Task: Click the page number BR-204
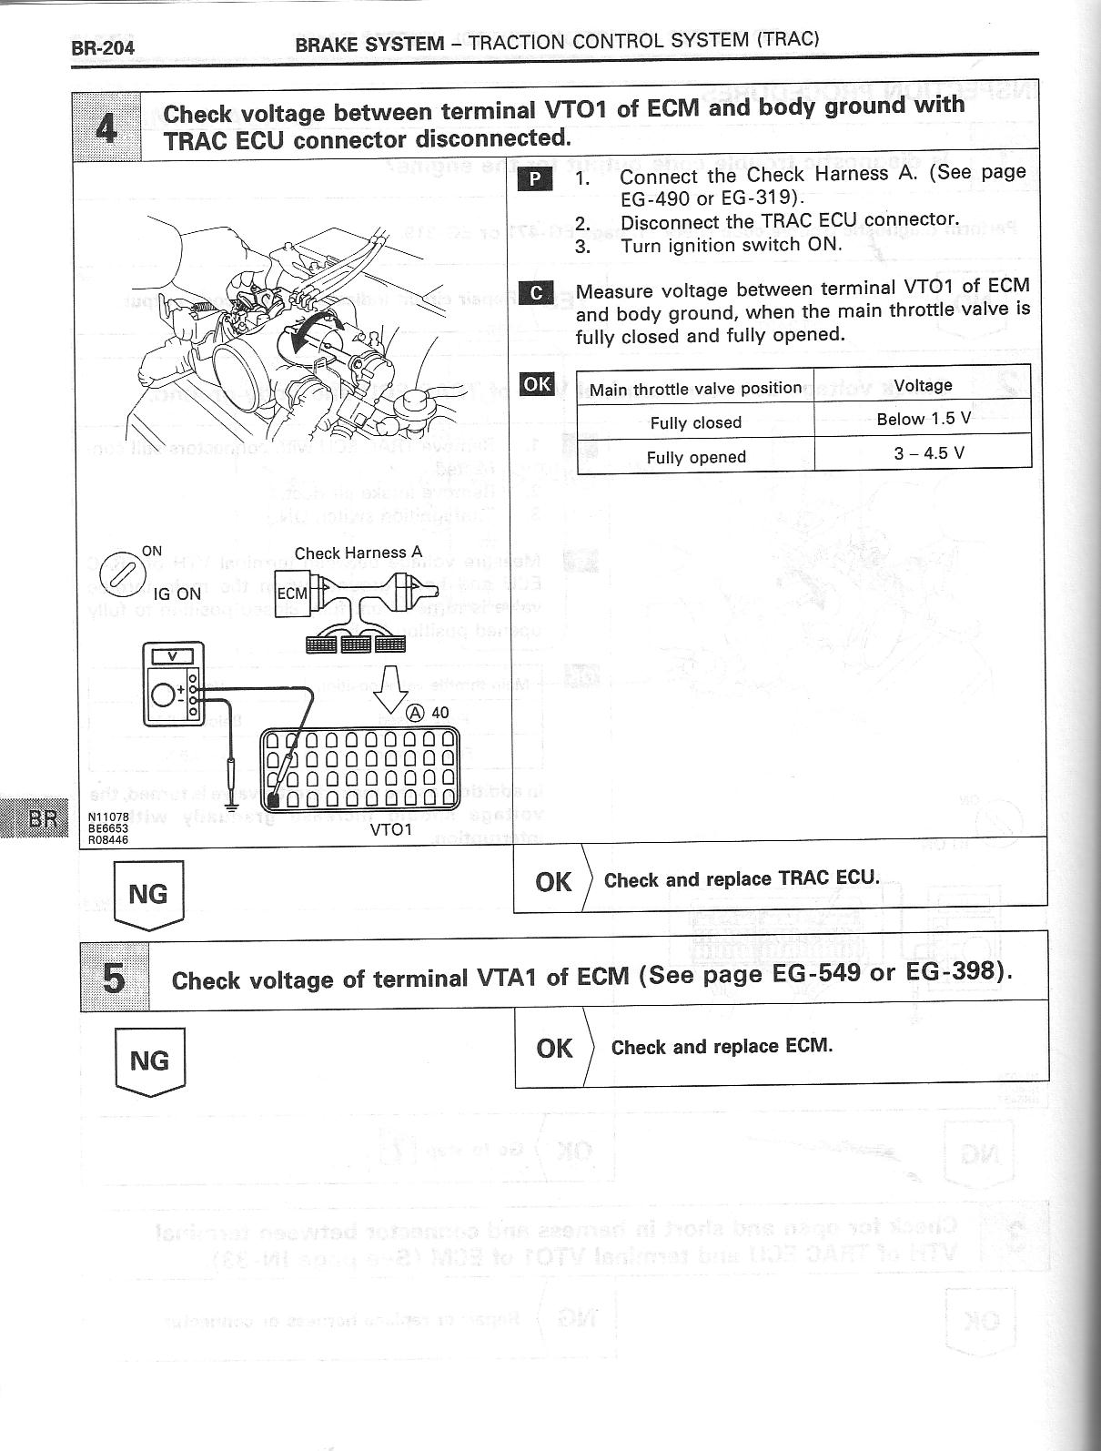click(x=103, y=47)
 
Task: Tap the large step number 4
click(x=106, y=127)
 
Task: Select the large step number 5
click(x=114, y=979)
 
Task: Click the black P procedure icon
click(x=534, y=179)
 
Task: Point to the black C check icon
click(x=536, y=293)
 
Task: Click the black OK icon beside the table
click(x=536, y=384)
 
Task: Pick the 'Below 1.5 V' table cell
click(x=923, y=419)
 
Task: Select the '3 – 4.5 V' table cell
click(x=923, y=452)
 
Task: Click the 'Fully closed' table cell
click(x=695, y=422)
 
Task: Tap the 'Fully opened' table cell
click(x=695, y=457)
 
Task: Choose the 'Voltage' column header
click(x=923, y=385)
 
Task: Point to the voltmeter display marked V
click(x=177, y=655)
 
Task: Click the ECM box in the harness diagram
click(x=292, y=594)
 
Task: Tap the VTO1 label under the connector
click(x=391, y=829)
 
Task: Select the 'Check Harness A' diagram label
click(x=359, y=553)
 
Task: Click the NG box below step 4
click(x=148, y=896)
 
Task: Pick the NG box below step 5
click(x=150, y=1061)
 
